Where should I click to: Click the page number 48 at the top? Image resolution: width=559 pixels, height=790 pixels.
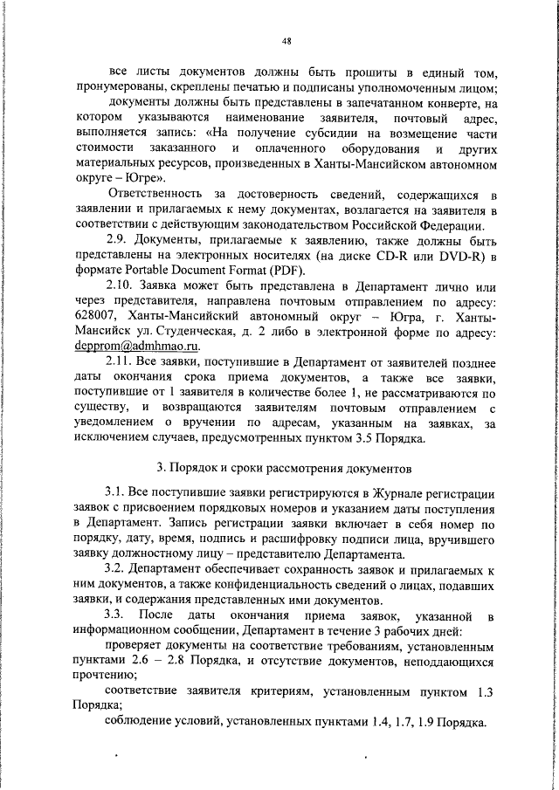click(x=286, y=39)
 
